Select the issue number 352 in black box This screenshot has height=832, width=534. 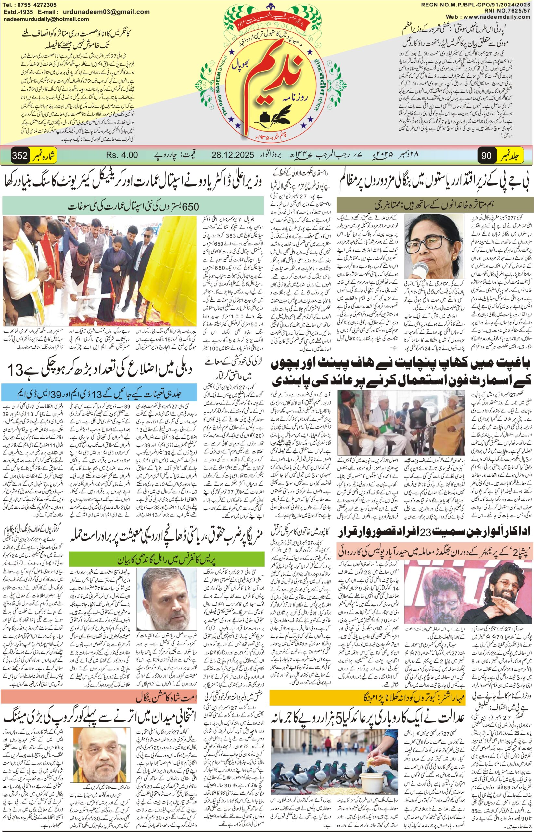click(x=20, y=155)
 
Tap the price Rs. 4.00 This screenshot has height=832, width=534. click(x=122, y=155)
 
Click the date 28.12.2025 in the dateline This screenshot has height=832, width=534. click(x=233, y=155)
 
